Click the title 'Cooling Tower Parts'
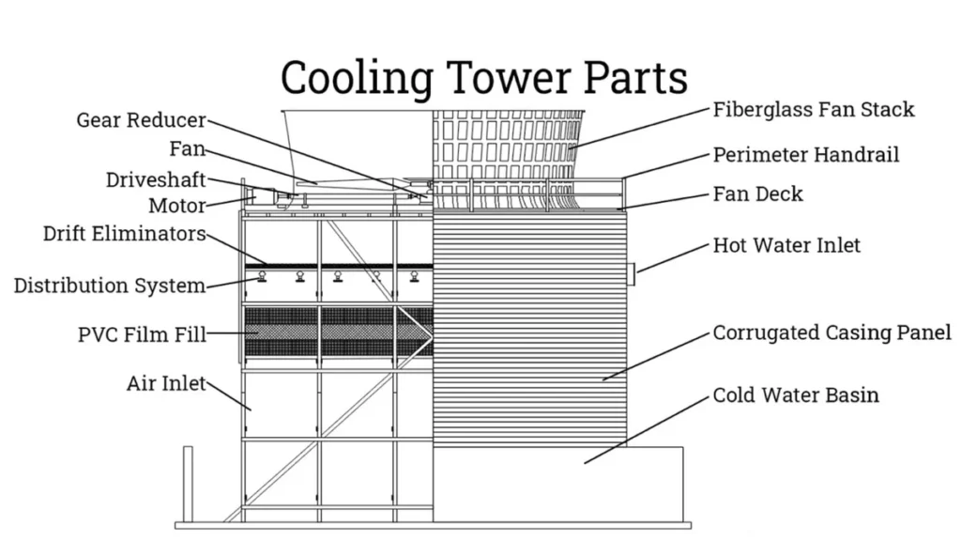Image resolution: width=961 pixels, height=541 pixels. tap(483, 77)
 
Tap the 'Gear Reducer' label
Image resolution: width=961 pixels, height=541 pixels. tap(141, 121)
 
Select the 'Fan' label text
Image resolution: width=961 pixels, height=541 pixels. tap(187, 149)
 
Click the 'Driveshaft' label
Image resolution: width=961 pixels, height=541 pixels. tap(156, 180)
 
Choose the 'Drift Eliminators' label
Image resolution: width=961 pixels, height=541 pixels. tap(124, 234)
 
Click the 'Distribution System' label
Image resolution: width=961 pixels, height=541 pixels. tap(109, 285)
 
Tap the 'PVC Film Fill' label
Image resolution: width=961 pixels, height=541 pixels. tap(142, 333)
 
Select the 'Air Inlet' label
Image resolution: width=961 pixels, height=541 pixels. tap(166, 383)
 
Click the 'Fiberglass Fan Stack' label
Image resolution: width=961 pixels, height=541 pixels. tap(813, 110)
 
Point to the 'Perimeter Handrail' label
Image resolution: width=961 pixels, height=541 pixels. tap(805, 154)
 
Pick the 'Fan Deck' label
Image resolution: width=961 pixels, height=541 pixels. tap(757, 194)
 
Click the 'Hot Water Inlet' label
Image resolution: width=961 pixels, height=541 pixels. tap(786, 246)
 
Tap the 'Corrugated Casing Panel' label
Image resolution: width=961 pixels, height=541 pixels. tap(831, 332)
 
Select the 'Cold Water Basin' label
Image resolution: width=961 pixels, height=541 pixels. tap(796, 394)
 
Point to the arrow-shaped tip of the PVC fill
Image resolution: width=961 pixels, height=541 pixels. tap(424, 332)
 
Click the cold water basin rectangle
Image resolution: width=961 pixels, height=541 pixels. tap(563, 484)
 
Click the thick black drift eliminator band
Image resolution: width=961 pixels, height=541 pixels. tap(338, 266)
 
